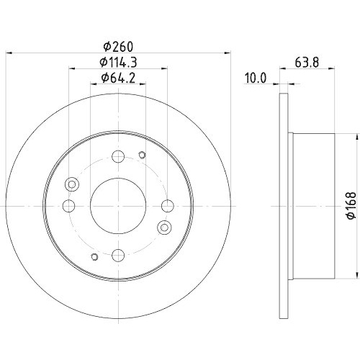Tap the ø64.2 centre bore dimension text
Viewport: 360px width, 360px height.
(118, 77)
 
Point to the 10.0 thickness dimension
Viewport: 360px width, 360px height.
(257, 77)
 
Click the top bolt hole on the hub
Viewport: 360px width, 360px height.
(119, 153)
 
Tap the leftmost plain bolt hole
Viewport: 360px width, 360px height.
(68, 207)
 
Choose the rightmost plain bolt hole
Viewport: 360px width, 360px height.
(168, 207)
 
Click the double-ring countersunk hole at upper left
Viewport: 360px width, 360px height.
(71, 184)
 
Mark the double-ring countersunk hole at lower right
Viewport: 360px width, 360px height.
(164, 228)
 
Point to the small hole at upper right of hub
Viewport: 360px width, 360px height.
(142, 156)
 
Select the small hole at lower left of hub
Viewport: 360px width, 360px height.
(94, 256)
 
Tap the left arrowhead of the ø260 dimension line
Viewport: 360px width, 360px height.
(10, 52)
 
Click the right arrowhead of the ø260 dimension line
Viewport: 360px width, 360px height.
(227, 52)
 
